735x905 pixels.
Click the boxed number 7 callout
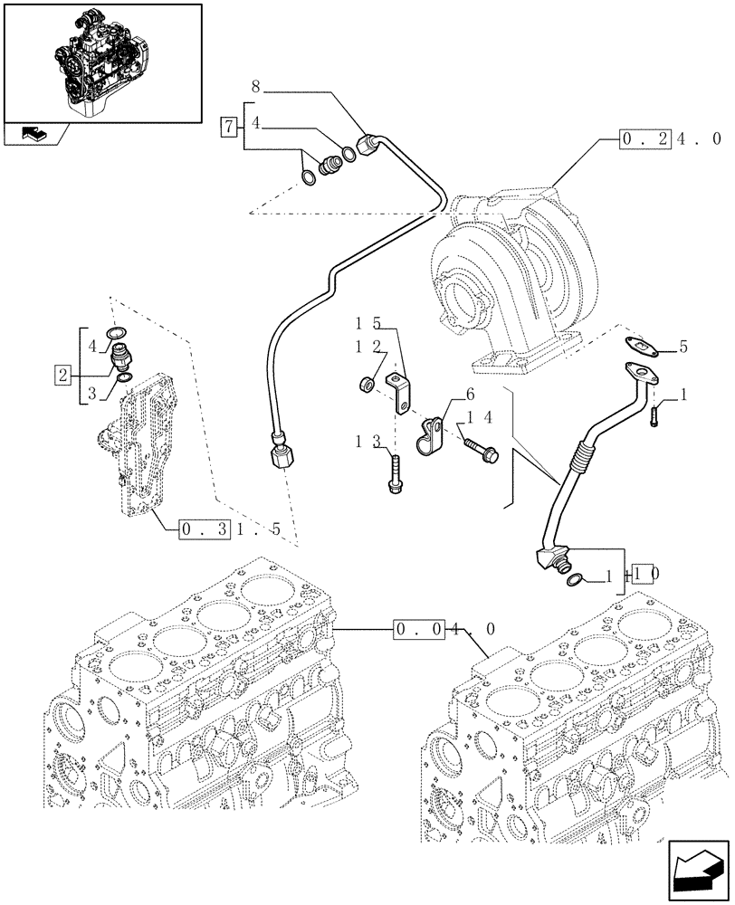coord(230,127)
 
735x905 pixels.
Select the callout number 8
coord(255,89)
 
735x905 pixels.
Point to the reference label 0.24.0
coord(670,139)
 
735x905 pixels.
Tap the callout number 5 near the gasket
coord(682,347)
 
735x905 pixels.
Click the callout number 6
coord(470,394)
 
